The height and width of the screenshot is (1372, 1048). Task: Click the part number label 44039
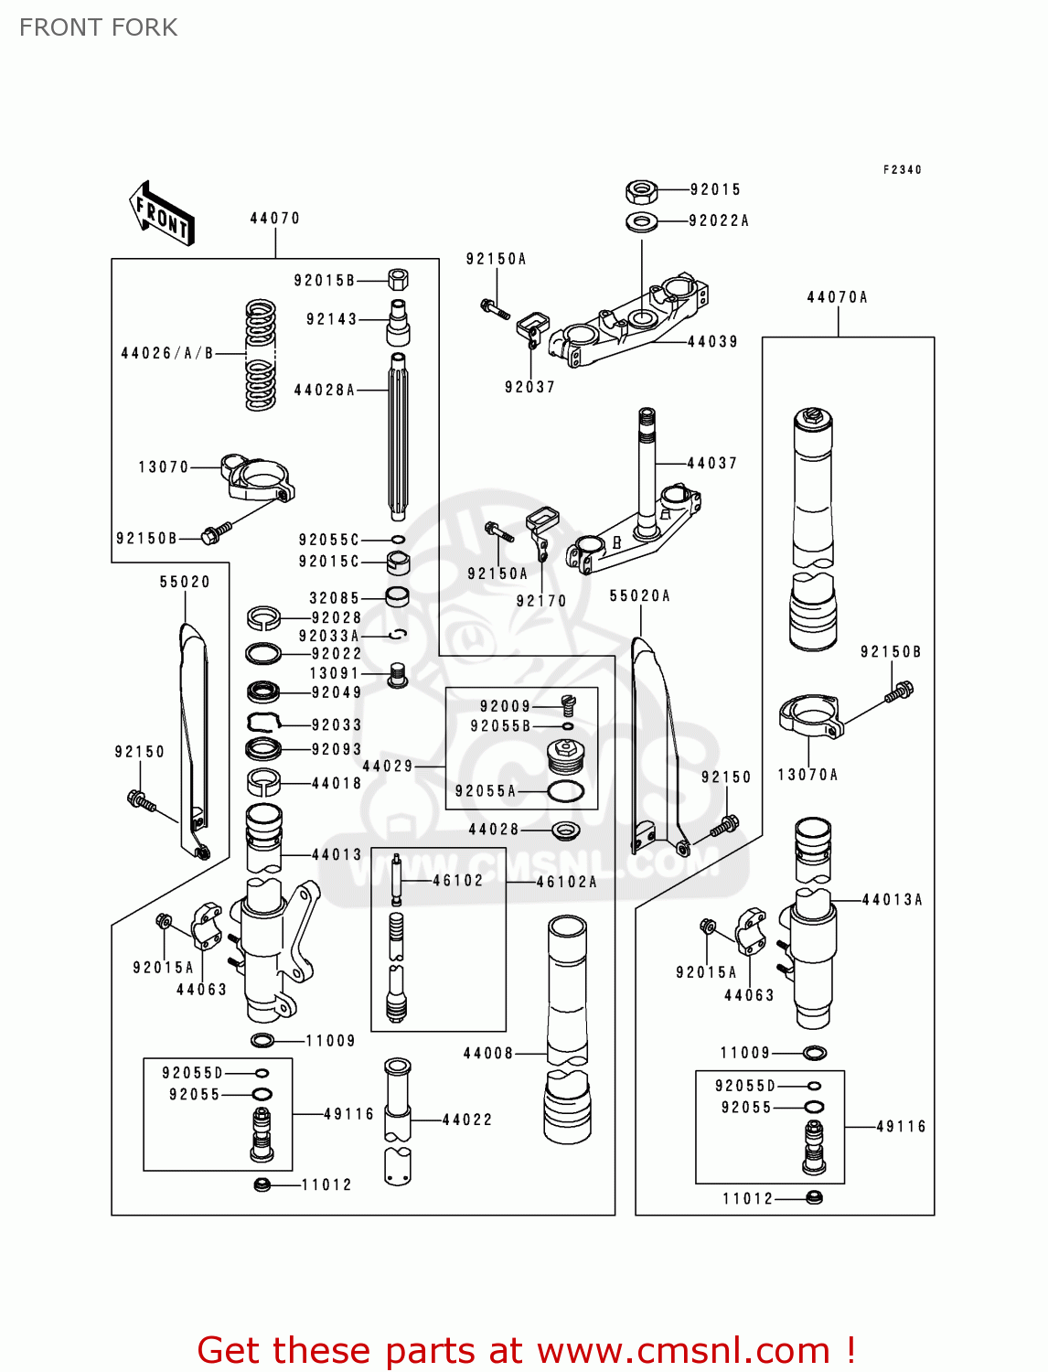coord(712,342)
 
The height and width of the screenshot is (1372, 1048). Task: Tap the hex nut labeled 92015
coord(641,191)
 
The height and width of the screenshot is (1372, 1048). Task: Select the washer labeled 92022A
coord(642,221)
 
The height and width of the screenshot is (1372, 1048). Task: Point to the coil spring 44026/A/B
coord(261,355)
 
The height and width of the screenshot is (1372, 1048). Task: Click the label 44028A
coord(324,391)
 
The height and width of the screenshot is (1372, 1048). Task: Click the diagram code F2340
coord(902,170)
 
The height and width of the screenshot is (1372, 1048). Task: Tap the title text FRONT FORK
coord(99,28)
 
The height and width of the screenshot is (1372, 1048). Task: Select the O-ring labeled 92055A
coord(565,791)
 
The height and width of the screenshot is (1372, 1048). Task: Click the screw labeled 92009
coord(568,704)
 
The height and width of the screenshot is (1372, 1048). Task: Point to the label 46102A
coord(566,883)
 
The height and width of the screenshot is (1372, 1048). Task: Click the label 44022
coord(467,1120)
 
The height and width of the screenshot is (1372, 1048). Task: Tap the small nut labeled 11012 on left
coord(262,1184)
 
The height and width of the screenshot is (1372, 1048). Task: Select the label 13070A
coord(807,775)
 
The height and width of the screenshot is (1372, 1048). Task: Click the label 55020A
coord(640,596)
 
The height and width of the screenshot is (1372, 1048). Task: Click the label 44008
coord(488,1054)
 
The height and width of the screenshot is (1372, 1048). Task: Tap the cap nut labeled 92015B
coord(398,279)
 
